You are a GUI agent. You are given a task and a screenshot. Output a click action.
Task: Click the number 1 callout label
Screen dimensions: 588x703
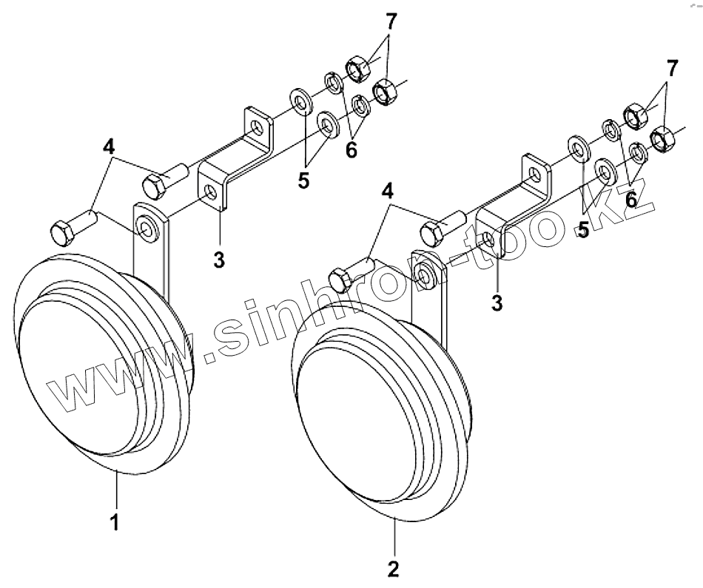[115, 522]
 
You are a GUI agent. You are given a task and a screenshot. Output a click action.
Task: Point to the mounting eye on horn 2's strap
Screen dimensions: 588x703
[425, 277]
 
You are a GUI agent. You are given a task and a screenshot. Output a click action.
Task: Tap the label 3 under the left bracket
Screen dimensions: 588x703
[220, 260]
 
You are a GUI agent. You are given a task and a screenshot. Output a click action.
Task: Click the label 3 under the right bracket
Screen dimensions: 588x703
[497, 302]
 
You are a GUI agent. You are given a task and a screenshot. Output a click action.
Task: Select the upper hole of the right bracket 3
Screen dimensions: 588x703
[534, 175]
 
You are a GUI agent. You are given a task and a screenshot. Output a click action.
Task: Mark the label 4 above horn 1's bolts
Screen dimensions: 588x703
[109, 146]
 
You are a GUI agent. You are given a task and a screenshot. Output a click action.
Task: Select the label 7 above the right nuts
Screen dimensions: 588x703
[670, 70]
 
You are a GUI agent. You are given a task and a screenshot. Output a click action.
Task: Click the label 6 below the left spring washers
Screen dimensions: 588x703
[350, 150]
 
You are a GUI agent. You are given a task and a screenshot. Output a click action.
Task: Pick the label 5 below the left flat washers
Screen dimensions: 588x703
[303, 180]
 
